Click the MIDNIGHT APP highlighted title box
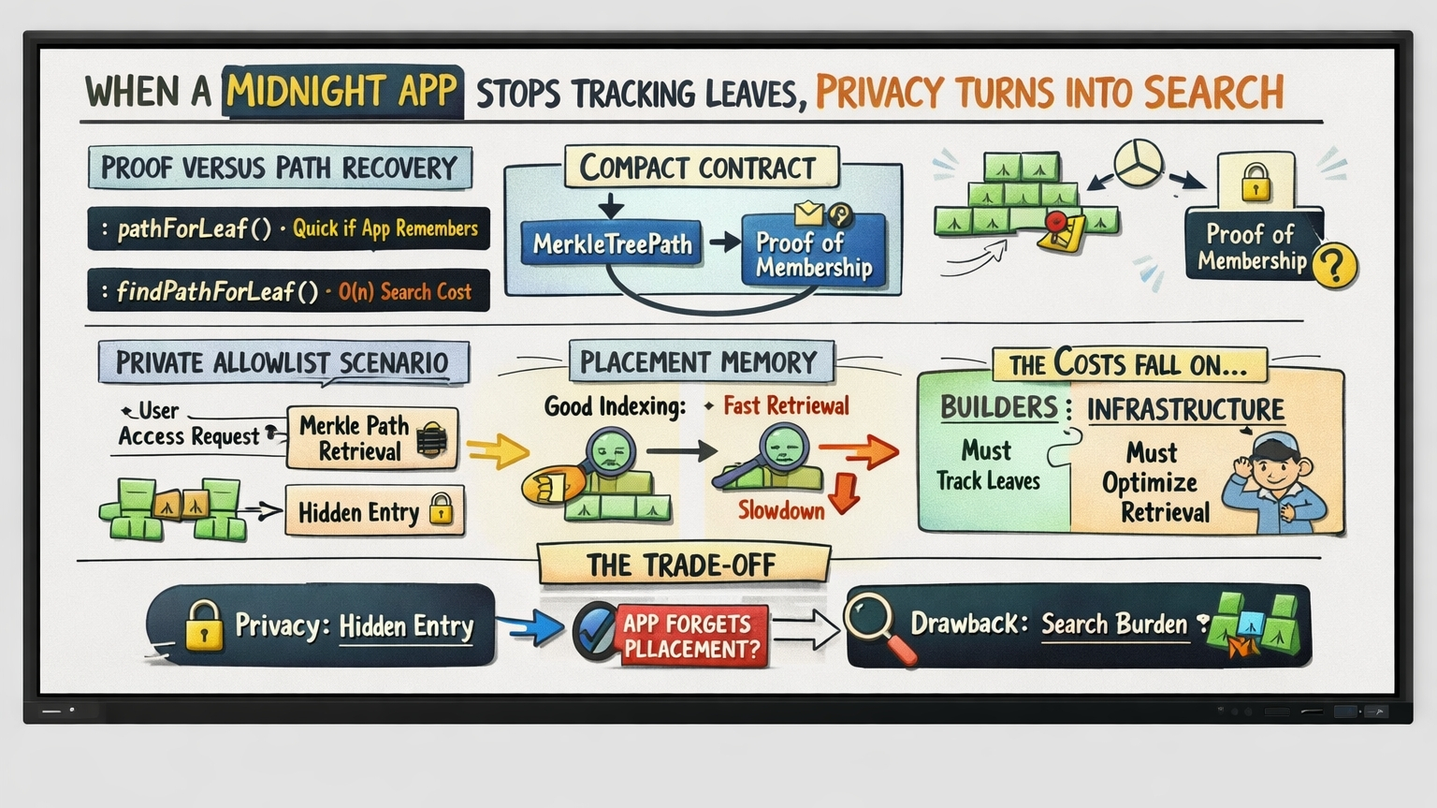342,92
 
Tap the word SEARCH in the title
1213,93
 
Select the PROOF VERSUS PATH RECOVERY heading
279,168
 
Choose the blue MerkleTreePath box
612,244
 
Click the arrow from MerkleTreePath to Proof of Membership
724,243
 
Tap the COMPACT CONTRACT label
698,169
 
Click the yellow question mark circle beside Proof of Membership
1334,265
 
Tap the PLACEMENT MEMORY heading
699,362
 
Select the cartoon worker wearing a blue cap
1286,477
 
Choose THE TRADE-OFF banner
682,565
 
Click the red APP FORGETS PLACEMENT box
691,636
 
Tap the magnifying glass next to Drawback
878,625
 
